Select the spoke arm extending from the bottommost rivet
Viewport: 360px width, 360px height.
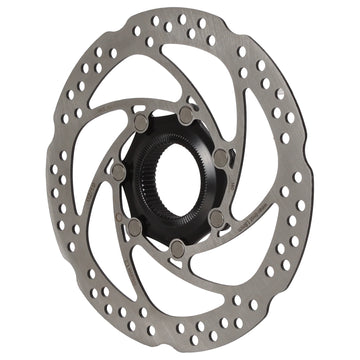pos(140,270)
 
